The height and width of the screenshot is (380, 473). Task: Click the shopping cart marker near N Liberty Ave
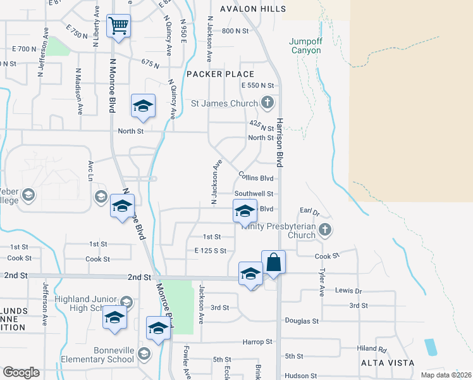point(118,27)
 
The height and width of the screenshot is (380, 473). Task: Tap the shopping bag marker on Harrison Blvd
point(273,262)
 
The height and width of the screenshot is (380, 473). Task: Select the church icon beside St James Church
point(267,103)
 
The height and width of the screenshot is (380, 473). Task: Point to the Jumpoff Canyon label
point(310,46)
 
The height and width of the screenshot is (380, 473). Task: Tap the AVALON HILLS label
point(253,9)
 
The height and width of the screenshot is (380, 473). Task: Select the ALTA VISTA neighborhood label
point(387,363)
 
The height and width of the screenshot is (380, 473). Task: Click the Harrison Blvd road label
point(278,142)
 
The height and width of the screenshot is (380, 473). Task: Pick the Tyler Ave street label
point(322,282)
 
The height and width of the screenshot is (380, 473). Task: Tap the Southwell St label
point(254,194)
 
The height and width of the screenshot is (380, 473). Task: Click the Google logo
point(21,372)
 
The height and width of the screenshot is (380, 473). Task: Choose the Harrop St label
point(257,341)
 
